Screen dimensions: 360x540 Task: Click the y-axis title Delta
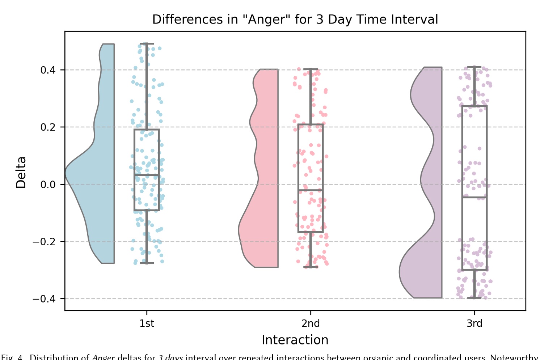pyautogui.click(x=21, y=172)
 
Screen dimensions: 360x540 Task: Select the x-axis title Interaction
pyautogui.click(x=295, y=340)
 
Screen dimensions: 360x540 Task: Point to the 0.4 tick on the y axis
pyautogui.click(x=48, y=70)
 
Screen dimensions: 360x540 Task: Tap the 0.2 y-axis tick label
pyautogui.click(x=48, y=127)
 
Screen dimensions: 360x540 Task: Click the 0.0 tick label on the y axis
pyautogui.click(x=48, y=184)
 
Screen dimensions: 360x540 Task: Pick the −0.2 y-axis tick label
pyautogui.click(x=45, y=241)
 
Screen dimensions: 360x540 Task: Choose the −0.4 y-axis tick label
pyautogui.click(x=45, y=298)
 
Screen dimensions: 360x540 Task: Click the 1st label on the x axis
pyautogui.click(x=147, y=323)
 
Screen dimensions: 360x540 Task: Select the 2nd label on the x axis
pyautogui.click(x=311, y=323)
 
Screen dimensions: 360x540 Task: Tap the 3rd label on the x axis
pyautogui.click(x=474, y=323)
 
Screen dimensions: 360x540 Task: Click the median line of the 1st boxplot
pyautogui.click(x=147, y=175)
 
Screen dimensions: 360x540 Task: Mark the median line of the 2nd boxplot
pyautogui.click(x=311, y=190)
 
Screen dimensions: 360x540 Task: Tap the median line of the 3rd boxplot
pyautogui.click(x=474, y=197)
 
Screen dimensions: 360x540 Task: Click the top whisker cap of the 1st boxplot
pyautogui.click(x=147, y=44)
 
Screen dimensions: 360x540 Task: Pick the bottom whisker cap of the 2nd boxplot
pyautogui.click(x=311, y=267)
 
